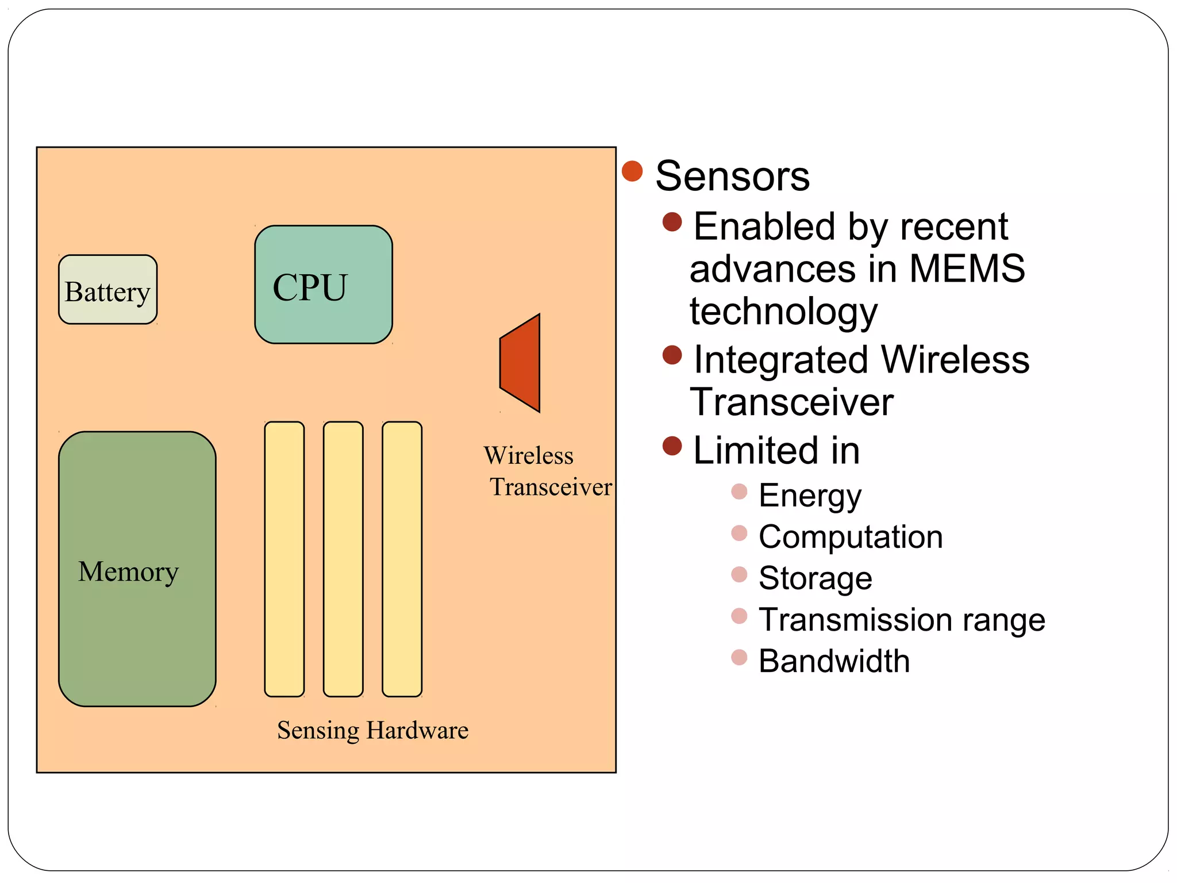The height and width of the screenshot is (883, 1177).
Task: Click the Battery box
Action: point(107,290)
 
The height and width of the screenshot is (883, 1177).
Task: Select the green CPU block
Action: point(324,285)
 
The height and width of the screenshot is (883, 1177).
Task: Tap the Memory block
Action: point(137,569)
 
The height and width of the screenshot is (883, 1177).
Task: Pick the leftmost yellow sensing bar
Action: point(284,559)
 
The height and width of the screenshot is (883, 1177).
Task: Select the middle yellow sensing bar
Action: point(343,559)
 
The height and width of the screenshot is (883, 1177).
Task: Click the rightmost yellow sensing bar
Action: point(402,559)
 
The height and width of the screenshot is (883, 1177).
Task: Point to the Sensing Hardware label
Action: point(372,730)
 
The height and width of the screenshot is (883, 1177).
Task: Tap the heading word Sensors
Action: point(732,176)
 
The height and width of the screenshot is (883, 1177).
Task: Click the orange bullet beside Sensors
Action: point(632,171)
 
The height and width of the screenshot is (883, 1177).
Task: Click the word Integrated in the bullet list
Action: point(780,360)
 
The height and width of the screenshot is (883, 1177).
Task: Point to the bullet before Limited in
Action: point(672,446)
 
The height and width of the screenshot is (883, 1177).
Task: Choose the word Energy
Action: point(810,496)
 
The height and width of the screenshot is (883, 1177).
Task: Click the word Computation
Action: point(851,537)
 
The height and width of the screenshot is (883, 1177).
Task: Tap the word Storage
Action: point(815,578)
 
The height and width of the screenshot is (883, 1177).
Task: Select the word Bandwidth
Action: point(834,661)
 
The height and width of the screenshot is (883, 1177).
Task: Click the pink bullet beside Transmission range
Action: point(739,616)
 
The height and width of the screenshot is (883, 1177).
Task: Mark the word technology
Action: point(783,312)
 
